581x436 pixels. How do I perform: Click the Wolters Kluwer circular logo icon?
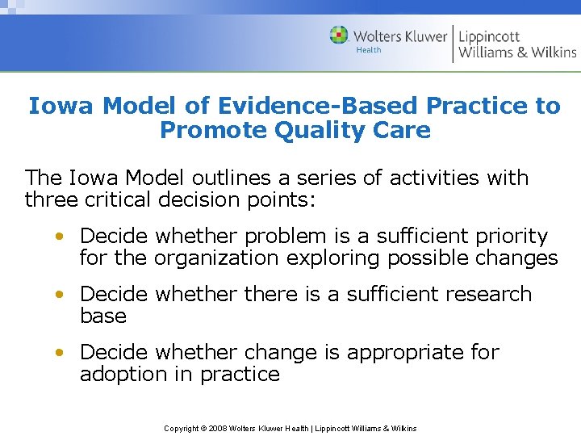[x=339, y=36]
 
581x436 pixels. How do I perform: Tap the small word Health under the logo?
[x=368, y=51]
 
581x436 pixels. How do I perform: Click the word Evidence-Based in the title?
[x=321, y=106]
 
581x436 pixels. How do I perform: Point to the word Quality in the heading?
[x=310, y=130]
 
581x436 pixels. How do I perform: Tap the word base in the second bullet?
[x=103, y=316]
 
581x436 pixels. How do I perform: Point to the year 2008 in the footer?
[x=218, y=428]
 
